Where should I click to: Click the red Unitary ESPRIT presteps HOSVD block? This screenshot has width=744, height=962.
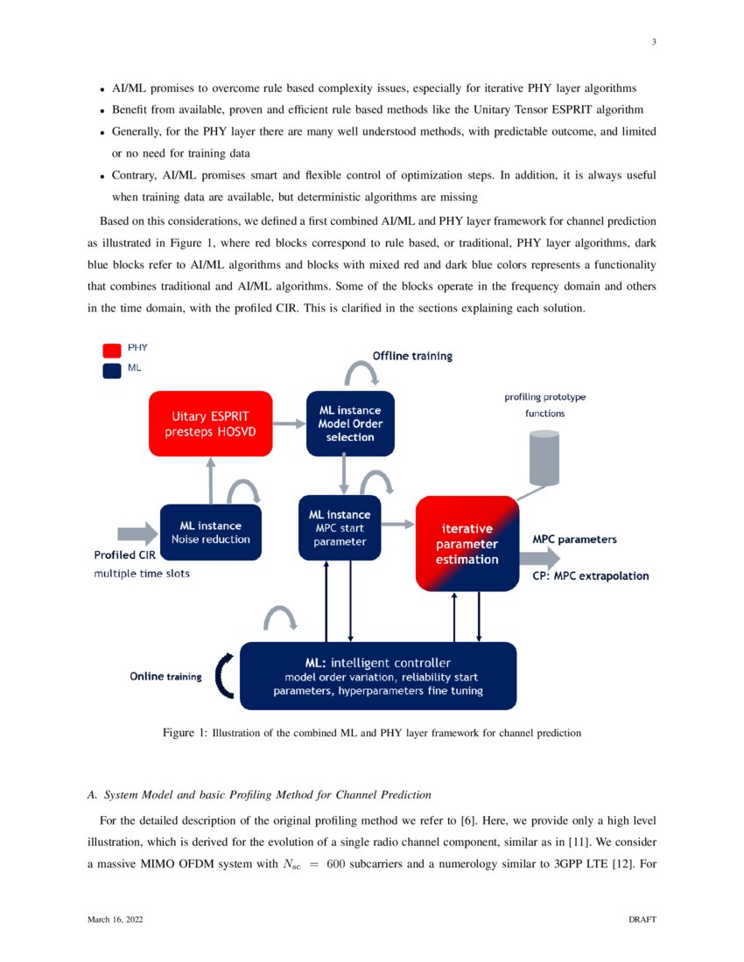click(210, 423)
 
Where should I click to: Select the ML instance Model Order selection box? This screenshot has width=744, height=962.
click(350, 423)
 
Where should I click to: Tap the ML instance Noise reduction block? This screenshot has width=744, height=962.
click(210, 533)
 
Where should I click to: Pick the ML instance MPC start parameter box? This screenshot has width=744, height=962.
click(340, 527)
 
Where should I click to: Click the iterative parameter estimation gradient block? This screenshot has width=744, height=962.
click(467, 543)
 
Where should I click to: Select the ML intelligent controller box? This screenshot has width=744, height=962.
click(377, 676)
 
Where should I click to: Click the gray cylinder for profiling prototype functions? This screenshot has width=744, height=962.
click(544, 457)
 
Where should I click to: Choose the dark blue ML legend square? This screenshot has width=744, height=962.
click(111, 370)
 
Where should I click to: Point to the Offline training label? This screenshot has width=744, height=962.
click(412, 356)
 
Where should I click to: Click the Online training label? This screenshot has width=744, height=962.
click(166, 677)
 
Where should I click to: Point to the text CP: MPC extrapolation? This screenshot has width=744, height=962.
click(590, 576)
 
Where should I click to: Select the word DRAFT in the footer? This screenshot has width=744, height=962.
click(642, 920)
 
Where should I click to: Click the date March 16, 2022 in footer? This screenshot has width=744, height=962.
click(116, 920)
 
